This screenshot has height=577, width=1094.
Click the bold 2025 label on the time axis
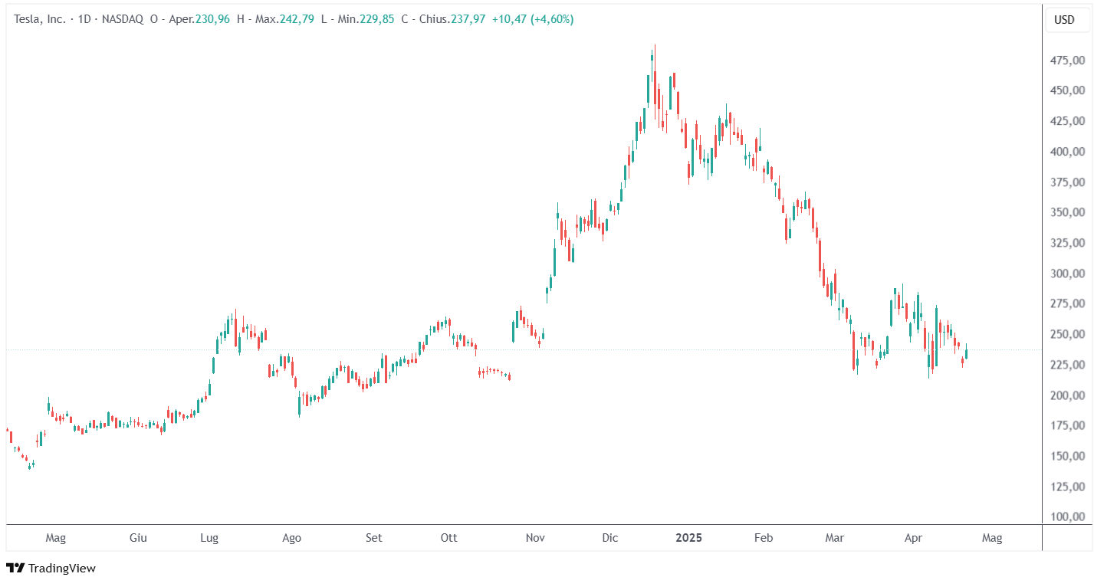[x=688, y=538]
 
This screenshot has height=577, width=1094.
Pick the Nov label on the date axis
[x=535, y=538]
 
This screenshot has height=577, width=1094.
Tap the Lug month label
[x=209, y=538]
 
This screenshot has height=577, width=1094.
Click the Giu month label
[x=138, y=538]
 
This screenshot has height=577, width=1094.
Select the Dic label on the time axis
[x=610, y=538]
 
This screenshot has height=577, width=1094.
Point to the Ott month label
[x=448, y=538]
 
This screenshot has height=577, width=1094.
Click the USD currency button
[x=1064, y=20]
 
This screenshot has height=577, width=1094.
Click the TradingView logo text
[x=61, y=568]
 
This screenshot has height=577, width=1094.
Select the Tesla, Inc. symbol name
[x=40, y=19]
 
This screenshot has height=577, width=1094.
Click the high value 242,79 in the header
[x=299, y=19]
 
